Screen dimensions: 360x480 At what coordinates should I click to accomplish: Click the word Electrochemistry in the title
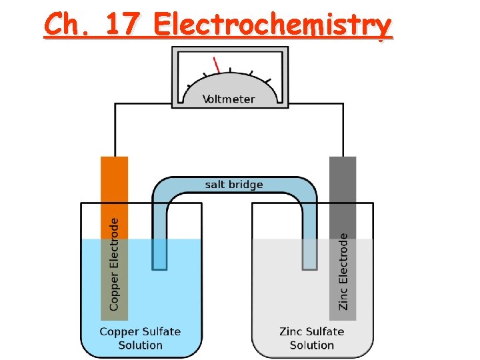(x=272, y=25)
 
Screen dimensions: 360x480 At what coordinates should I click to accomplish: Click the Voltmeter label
(x=229, y=99)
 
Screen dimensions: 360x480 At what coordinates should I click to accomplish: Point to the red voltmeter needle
(x=216, y=65)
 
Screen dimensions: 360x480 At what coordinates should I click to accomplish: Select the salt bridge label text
(x=234, y=185)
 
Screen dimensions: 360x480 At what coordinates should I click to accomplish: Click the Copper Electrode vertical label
(x=114, y=263)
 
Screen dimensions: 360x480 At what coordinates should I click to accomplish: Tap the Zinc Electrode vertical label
(x=343, y=271)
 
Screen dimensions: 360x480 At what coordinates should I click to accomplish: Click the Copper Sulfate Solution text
(x=140, y=338)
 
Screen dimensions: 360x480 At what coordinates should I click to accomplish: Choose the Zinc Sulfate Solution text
(x=311, y=338)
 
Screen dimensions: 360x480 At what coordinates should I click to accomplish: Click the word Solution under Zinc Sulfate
(x=311, y=345)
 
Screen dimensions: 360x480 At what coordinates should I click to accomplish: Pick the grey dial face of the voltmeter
(x=230, y=83)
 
